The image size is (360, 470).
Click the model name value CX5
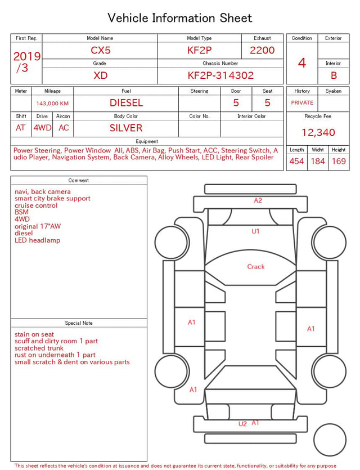click(x=101, y=50)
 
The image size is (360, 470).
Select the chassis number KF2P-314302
click(x=220, y=75)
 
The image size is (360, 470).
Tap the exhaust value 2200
click(x=262, y=50)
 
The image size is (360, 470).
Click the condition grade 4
click(x=302, y=63)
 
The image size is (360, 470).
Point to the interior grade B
click(x=334, y=75)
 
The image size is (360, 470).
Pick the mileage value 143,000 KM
click(x=52, y=104)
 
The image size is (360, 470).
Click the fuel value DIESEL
click(x=126, y=103)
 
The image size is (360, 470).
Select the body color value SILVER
click(x=126, y=128)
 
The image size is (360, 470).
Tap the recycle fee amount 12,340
click(x=318, y=132)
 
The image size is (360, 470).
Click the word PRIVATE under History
click(x=302, y=102)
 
